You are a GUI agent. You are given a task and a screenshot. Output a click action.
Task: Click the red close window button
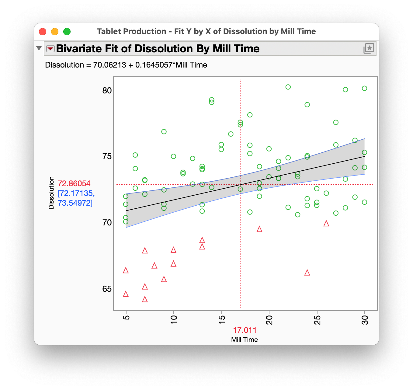click(x=43, y=32)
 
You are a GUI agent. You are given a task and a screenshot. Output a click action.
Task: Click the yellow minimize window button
click(x=55, y=32)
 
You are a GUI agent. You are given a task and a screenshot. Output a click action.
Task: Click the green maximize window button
click(x=67, y=32)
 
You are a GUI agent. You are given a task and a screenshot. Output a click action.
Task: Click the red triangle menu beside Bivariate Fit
click(x=50, y=49)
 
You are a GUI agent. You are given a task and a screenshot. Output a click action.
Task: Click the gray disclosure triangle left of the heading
click(x=39, y=48)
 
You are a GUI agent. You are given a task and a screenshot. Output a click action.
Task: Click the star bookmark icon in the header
click(x=369, y=48)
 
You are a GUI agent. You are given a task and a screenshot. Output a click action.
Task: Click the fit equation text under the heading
click(x=126, y=65)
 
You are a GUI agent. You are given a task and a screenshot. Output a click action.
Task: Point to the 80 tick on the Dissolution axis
click(x=107, y=91)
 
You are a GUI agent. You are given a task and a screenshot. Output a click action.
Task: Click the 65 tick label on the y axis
click(x=107, y=289)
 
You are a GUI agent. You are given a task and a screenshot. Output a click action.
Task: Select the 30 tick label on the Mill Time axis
click(x=365, y=320)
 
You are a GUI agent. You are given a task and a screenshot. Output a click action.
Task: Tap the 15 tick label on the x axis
click(x=222, y=320)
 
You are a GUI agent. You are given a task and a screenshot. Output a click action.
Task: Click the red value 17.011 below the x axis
click(x=245, y=330)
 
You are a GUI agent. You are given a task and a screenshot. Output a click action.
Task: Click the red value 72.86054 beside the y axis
click(x=74, y=183)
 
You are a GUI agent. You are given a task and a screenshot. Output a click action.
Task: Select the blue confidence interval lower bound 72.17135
click(x=76, y=193)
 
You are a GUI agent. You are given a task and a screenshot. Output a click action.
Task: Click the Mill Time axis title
click(x=244, y=340)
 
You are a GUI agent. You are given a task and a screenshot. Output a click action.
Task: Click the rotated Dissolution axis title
click(x=51, y=193)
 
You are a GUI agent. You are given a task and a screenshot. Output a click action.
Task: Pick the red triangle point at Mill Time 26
click(x=326, y=224)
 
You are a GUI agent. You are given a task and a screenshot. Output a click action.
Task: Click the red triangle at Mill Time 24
click(x=307, y=273)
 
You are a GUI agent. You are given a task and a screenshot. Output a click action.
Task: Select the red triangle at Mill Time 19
click(x=259, y=229)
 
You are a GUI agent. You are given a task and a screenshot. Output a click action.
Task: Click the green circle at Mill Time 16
click(x=231, y=134)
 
